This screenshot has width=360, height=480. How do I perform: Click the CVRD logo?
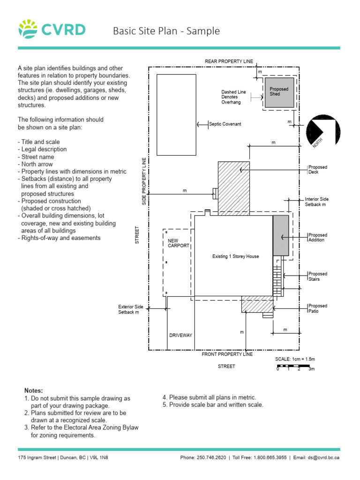coord(52,30)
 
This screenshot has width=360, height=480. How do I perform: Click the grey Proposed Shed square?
coord(279,92)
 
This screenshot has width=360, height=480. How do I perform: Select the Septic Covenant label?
coord(225,124)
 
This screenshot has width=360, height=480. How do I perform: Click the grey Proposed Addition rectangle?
coord(281,235)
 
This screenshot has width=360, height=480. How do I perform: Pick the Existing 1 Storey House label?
coord(235,256)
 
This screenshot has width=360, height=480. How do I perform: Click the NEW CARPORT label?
coord(179,243)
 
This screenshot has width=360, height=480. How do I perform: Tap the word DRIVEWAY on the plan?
coord(181,335)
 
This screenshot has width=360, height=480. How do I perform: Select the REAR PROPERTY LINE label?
coord(229,61)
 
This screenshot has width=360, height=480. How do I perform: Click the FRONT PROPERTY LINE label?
coord(227,354)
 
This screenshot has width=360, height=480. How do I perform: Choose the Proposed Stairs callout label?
coord(317,277)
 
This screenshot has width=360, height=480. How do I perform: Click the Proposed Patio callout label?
coord(317,308)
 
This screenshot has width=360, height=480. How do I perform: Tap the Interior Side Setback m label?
coord(316,202)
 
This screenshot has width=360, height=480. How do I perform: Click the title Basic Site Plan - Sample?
coord(166,31)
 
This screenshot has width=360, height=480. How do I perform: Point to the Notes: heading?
coord(33,390)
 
